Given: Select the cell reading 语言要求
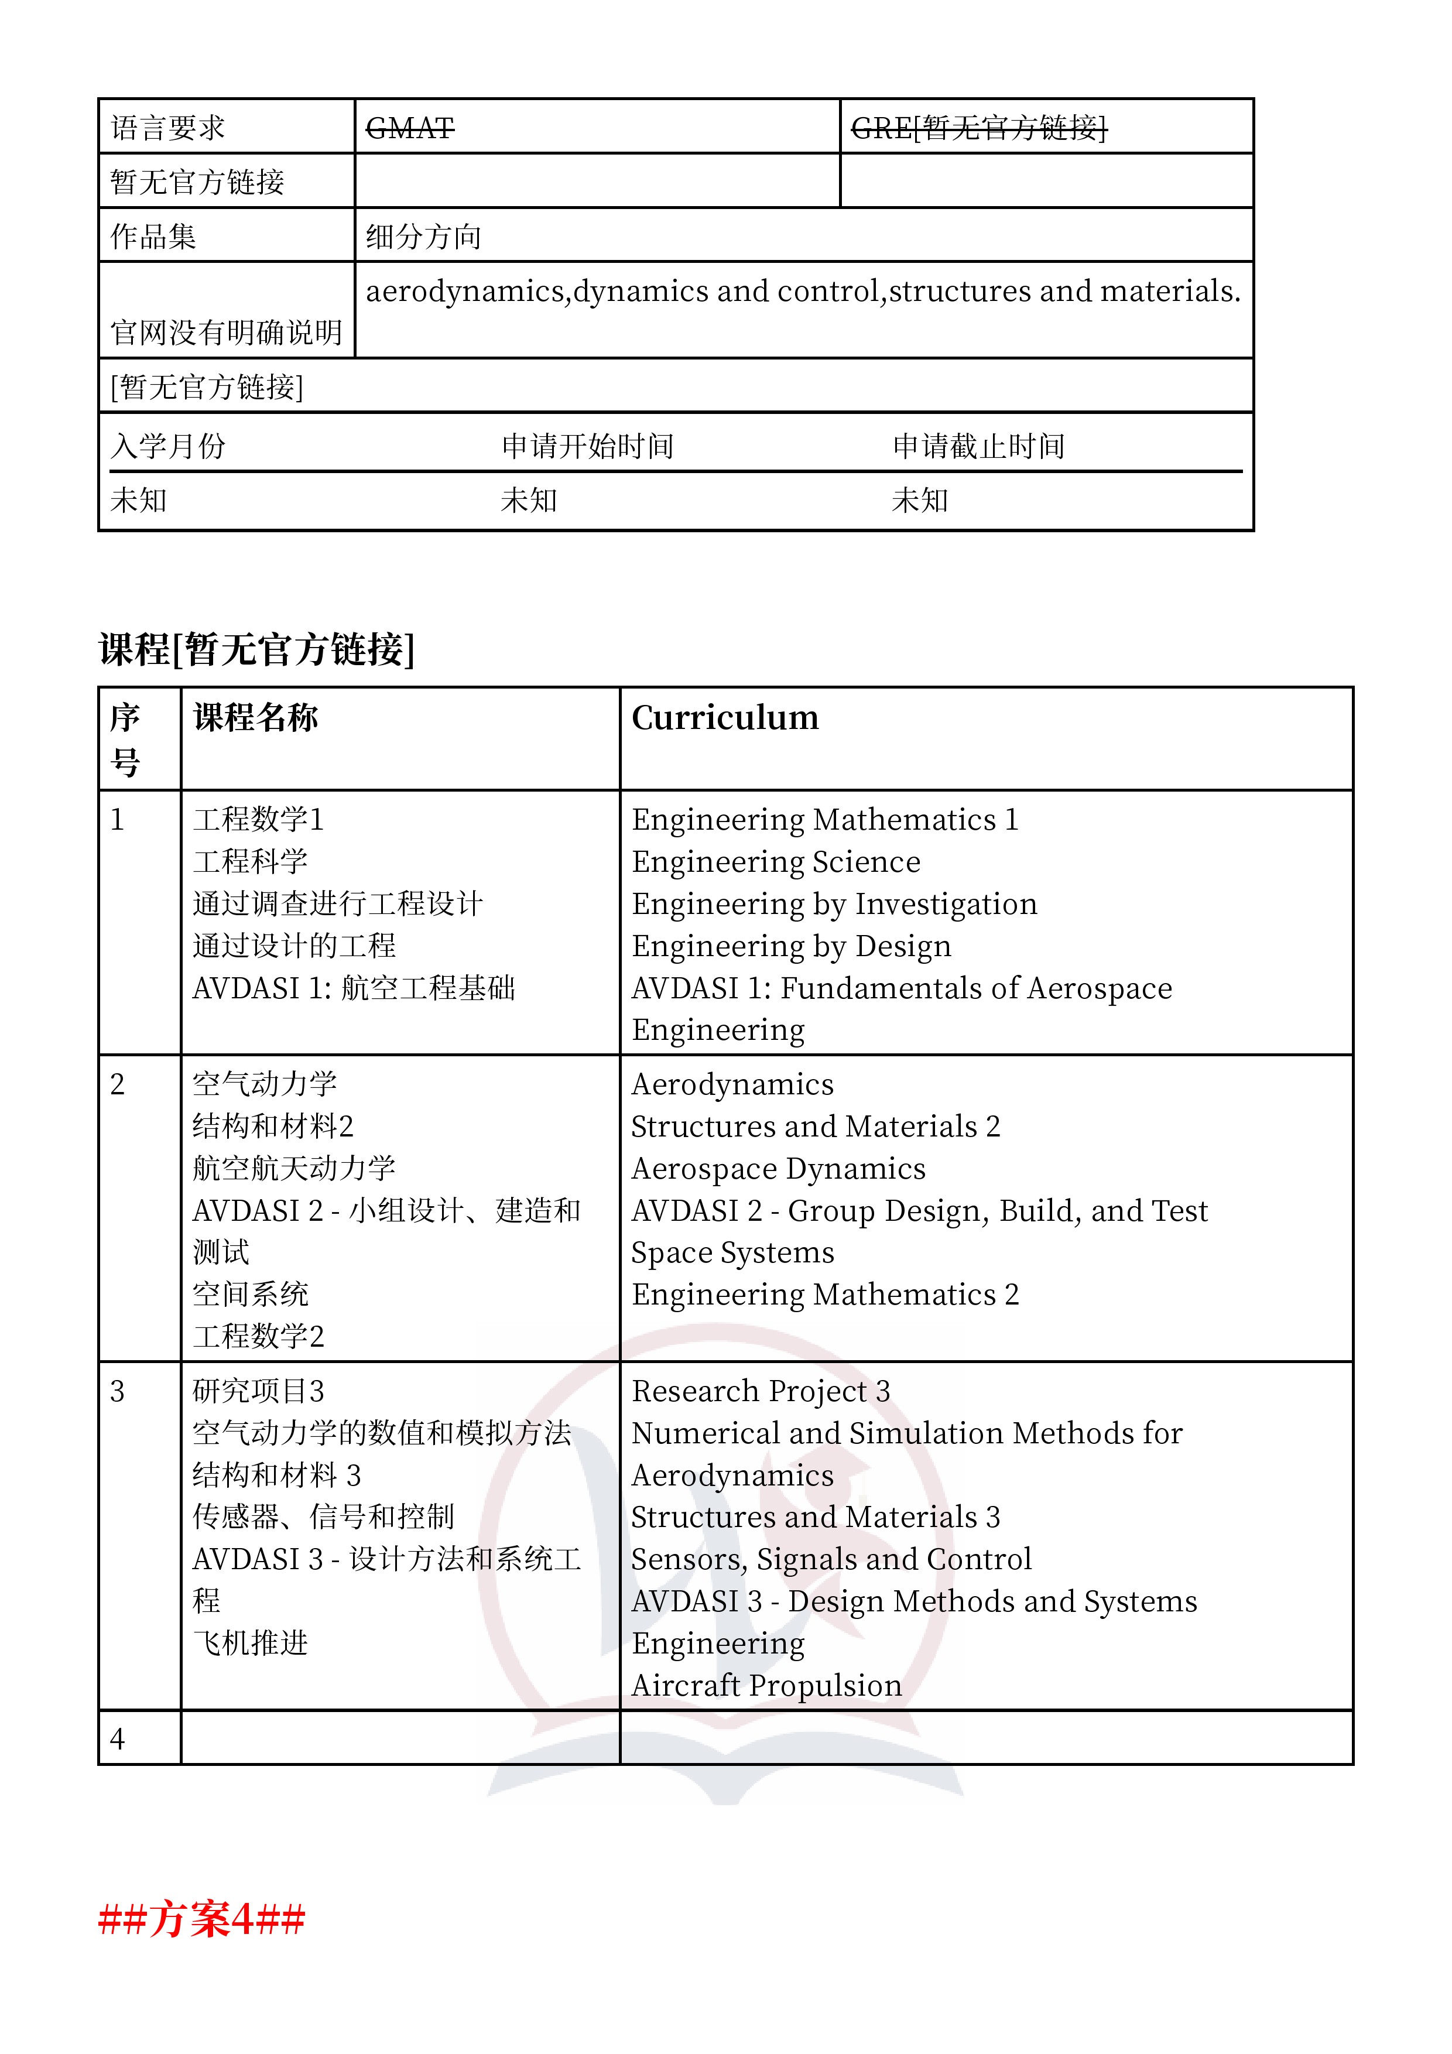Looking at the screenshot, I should [x=167, y=128].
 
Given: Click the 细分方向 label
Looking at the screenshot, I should [x=423, y=236].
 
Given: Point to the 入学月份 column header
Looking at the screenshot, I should [x=167, y=446].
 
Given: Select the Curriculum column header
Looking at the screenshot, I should [x=725, y=717].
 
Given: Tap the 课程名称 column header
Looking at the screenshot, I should [x=256, y=717].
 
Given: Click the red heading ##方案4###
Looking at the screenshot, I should [x=202, y=1919].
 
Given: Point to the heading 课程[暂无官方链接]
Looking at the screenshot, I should [x=257, y=649].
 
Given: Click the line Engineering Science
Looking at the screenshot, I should [x=776, y=861].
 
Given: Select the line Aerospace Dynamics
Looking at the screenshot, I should [x=778, y=1168].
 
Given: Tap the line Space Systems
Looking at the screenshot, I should [x=732, y=1252].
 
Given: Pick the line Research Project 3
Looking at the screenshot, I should [x=761, y=1391].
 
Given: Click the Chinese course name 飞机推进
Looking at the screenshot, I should [x=251, y=1644].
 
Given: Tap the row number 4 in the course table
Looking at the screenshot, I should [x=117, y=1739].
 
